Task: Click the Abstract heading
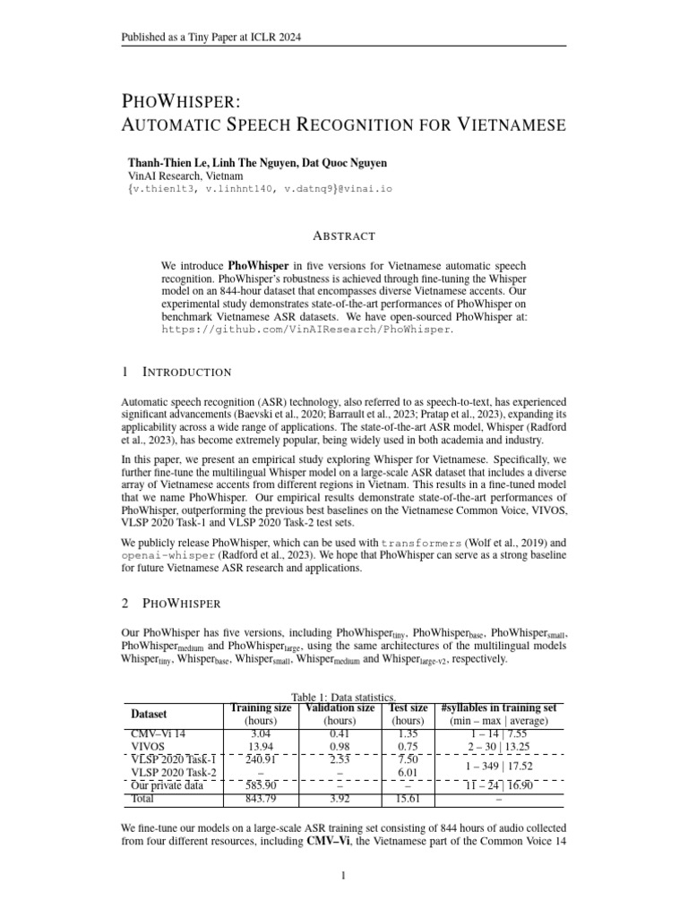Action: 344,236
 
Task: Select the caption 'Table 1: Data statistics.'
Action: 344,697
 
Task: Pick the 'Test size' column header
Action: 408,708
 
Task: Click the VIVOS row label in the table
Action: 150,745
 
